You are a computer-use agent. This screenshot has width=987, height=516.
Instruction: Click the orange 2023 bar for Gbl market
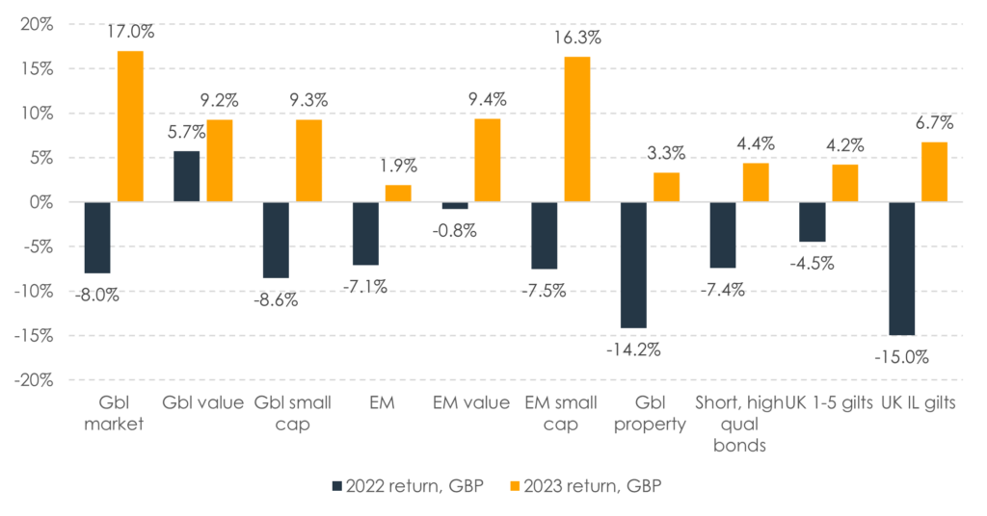130,126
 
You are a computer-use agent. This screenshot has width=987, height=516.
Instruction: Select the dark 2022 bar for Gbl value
187,176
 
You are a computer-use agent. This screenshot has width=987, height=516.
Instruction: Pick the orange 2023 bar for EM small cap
577,129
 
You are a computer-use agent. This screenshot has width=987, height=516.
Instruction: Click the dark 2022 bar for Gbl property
633,265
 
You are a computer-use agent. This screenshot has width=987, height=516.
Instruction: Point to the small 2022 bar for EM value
455,205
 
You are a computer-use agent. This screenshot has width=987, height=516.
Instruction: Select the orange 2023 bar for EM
399,193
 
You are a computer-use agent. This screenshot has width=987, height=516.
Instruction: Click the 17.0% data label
130,32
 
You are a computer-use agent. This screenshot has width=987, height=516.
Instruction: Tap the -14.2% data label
633,348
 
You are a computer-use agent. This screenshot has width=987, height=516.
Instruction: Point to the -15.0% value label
903,356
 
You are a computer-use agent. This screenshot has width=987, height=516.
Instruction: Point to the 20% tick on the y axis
38,24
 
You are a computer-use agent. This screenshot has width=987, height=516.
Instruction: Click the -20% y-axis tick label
35,379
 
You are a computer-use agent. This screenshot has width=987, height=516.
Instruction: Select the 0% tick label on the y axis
41,202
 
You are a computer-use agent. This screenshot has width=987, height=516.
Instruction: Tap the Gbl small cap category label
292,413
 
